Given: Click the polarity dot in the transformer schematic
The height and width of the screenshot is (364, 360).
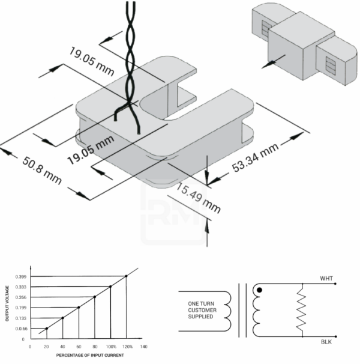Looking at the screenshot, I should (x=259, y=291).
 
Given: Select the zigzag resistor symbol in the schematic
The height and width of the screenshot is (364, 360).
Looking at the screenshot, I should (x=302, y=310).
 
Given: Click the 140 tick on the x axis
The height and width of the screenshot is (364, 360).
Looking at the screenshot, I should (x=143, y=347).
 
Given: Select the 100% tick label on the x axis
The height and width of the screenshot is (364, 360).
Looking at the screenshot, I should (x=110, y=347).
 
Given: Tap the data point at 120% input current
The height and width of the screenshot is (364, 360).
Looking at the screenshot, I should (x=126, y=276).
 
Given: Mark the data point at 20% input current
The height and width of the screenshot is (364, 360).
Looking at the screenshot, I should (x=47, y=329).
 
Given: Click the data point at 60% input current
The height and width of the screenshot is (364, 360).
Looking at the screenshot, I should (x=79, y=308).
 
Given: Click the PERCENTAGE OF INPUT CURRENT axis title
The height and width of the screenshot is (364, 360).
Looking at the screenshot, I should (x=88, y=356).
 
